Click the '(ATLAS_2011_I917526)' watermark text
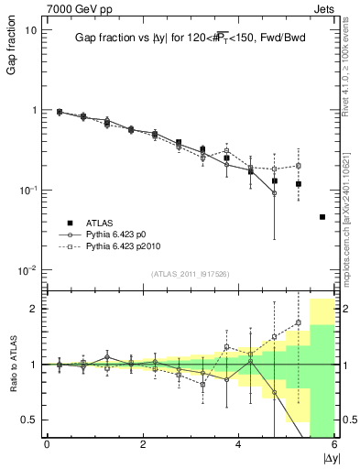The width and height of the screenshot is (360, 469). click(190, 275)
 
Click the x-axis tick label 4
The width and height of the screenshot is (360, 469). click(239, 446)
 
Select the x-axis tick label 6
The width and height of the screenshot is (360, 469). click(334, 446)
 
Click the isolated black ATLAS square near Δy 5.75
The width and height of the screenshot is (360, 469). click(322, 217)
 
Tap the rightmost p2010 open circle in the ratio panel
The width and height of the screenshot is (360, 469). click(299, 322)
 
